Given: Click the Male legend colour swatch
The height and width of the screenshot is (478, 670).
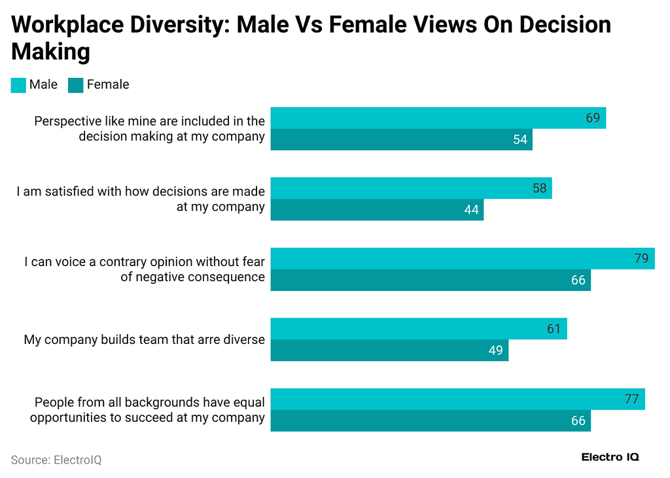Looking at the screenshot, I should (x=18, y=85).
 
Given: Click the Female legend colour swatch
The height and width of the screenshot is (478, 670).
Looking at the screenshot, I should (x=76, y=85).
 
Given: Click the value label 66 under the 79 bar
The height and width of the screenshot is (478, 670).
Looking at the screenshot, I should (x=578, y=281).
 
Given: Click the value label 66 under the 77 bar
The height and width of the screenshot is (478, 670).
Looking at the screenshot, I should (x=578, y=421).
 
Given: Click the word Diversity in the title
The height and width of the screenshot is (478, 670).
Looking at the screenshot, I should (x=177, y=25).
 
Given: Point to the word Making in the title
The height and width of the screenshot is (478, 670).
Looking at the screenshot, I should (x=50, y=51).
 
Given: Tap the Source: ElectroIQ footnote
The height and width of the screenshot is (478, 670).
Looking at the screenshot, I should (x=56, y=460).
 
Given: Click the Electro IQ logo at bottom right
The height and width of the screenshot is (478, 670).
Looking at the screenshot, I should (x=610, y=457).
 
